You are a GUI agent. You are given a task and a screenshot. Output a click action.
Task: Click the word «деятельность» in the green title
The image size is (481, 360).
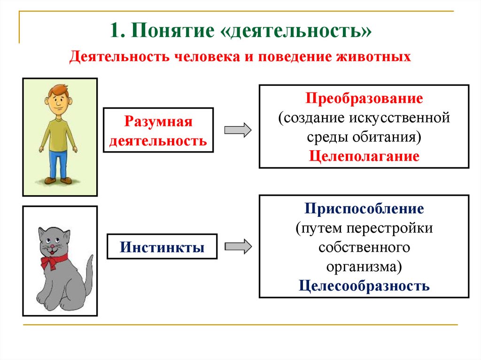point(296,31)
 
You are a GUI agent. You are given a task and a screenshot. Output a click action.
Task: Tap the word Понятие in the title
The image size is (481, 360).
point(173,31)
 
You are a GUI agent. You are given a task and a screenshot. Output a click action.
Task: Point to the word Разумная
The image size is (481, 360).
point(158,122)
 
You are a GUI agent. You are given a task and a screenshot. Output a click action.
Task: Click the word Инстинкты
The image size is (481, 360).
point(162,247)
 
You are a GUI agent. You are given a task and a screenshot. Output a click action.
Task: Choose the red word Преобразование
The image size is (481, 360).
point(364,99)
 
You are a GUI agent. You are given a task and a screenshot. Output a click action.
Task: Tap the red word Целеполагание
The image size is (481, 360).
point(364,156)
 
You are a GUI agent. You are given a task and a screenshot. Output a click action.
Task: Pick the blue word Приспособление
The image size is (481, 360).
point(364,209)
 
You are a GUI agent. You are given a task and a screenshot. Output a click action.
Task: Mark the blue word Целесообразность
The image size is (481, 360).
point(364,286)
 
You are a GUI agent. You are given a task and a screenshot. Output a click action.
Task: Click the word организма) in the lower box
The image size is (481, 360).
point(364,267)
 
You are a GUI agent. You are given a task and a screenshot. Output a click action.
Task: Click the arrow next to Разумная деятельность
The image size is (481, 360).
point(238,130)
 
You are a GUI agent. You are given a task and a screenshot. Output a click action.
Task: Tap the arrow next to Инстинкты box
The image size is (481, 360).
point(238,246)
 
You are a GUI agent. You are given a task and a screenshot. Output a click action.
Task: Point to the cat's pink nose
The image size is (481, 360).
point(53,246)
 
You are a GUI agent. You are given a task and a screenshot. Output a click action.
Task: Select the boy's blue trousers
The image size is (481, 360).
point(58,164)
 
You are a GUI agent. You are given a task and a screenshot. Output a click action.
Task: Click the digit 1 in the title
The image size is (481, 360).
point(114,31)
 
